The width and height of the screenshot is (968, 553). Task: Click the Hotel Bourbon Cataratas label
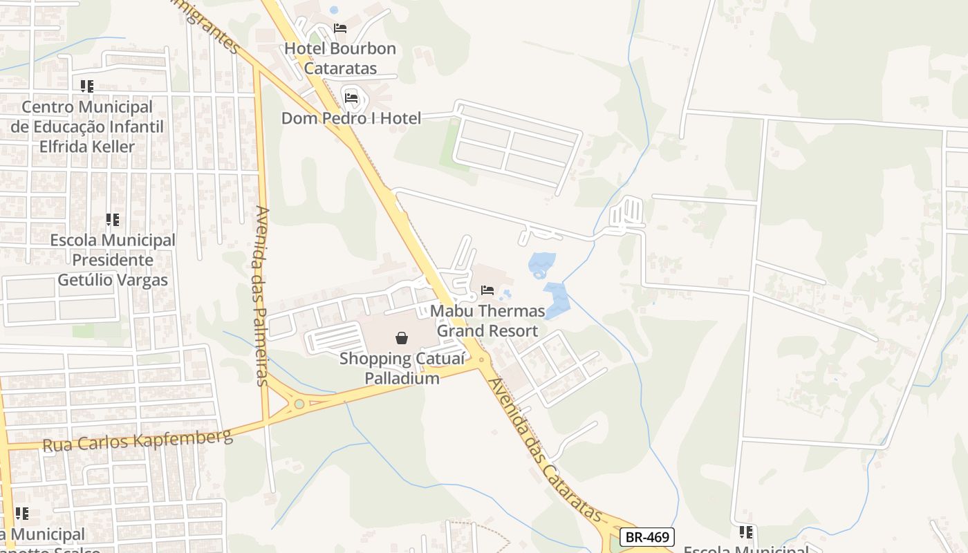click(340, 58)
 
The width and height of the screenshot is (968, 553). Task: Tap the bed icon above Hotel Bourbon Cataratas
click(340, 28)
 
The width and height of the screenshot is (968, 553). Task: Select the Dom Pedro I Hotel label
click(351, 118)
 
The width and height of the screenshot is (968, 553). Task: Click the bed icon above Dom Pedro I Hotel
click(351, 98)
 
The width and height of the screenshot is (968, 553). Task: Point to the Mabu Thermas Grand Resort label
click(487, 321)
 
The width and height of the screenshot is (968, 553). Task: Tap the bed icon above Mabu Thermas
click(487, 290)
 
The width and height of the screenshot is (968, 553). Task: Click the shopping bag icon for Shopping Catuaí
click(401, 338)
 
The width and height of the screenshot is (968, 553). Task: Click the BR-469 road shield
click(646, 537)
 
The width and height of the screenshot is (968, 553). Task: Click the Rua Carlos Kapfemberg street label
click(138, 441)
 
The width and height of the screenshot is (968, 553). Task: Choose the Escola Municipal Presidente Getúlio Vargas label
click(113, 260)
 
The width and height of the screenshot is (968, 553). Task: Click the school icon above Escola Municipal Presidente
click(113, 221)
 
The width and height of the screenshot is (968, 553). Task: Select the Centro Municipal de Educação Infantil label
click(87, 126)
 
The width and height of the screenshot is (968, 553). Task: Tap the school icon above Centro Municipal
click(87, 86)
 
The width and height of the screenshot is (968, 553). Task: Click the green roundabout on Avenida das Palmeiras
click(299, 404)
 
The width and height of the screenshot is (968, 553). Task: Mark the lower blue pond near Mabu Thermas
click(557, 299)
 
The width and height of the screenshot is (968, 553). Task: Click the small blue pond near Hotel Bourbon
click(334, 10)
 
